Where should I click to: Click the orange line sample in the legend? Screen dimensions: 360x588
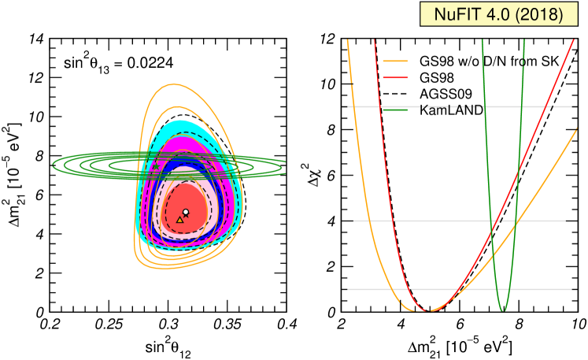click(395, 61)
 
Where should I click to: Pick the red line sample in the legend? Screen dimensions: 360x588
click(395, 77)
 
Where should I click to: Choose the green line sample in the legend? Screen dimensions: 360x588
click(395, 109)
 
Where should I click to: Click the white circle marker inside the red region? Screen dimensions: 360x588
click(186, 212)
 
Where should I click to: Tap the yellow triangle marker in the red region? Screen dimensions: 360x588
click(179, 220)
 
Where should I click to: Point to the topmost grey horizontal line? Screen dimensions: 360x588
click(457, 106)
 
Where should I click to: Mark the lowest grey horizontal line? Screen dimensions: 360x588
click(457, 289)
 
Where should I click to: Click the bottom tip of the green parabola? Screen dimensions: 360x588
click(504, 311)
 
